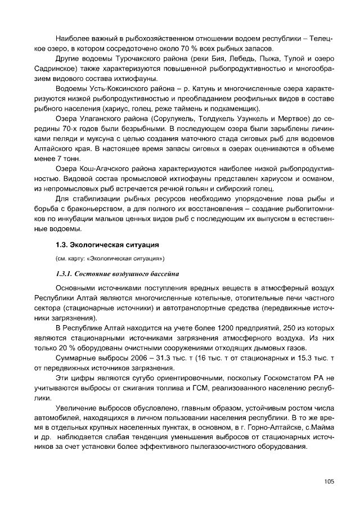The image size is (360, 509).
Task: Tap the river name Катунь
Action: tap(204, 88)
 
